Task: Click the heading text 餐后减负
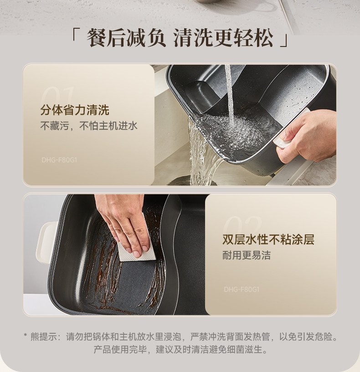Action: (x=126, y=38)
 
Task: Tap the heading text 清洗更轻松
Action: (x=223, y=38)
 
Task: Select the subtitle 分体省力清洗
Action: (x=75, y=110)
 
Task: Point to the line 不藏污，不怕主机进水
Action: (x=89, y=126)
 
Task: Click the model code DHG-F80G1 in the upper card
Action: (x=59, y=160)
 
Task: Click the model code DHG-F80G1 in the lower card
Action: (x=242, y=289)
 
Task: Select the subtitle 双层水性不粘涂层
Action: (x=268, y=239)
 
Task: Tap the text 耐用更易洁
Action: (x=247, y=255)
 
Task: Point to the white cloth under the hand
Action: (x=138, y=253)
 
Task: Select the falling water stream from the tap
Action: (x=229, y=93)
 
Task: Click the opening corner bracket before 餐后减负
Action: (x=75, y=34)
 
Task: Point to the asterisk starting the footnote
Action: (x=26, y=335)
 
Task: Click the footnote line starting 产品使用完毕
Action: (x=180, y=350)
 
